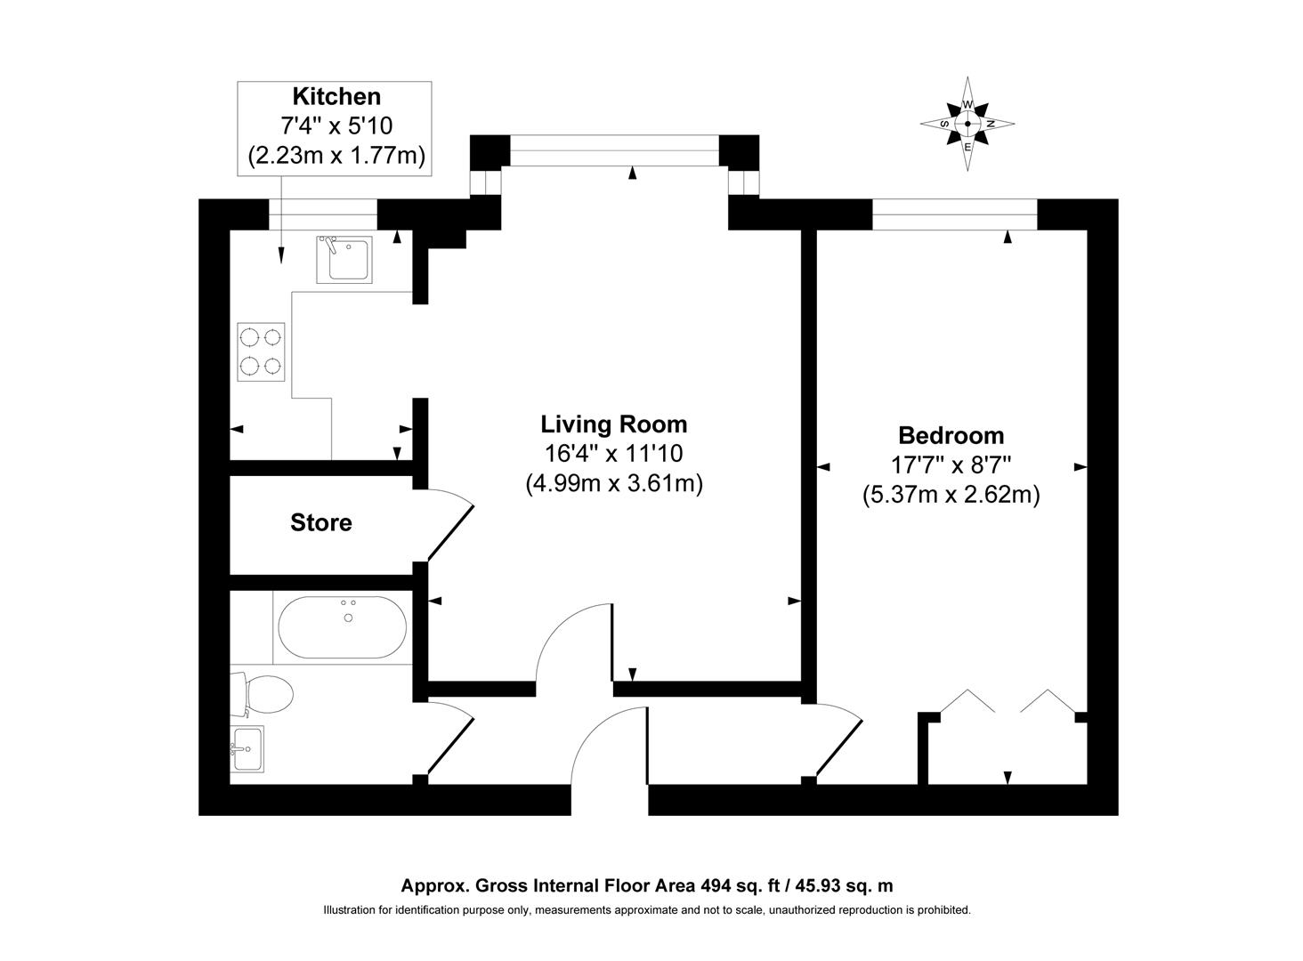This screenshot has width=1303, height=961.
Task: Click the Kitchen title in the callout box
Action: coord(336,97)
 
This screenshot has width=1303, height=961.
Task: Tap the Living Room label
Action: coord(614,424)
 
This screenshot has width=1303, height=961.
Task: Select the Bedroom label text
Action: coord(951,435)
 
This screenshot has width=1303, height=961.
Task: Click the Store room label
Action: coord(321,522)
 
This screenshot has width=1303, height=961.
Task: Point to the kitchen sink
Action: coord(344,260)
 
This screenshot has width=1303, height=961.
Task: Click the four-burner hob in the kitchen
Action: coord(261,352)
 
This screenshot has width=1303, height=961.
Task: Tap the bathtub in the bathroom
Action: coord(343,627)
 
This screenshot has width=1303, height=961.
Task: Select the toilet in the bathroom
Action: coord(262,695)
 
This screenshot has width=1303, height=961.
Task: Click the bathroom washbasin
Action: coord(247,748)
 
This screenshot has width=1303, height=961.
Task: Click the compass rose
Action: coord(967,124)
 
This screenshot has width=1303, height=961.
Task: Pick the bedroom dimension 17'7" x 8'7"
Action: coord(951,464)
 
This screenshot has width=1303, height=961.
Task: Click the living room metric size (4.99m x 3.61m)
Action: coord(614,483)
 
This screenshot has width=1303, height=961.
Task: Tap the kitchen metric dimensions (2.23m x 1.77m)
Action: coord(336,156)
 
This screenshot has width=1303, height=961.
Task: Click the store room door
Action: coord(451,525)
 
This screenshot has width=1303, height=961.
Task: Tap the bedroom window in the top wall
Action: coord(955,214)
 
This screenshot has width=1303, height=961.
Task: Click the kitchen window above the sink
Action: coord(323,214)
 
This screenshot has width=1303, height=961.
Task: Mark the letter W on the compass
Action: coord(968,104)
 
